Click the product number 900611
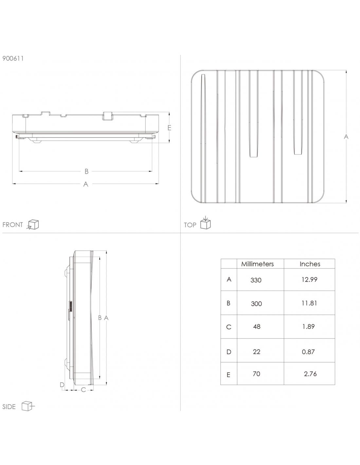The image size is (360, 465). point(13,59)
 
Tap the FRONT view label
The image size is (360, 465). point(12,225)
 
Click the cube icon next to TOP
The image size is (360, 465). point(205,224)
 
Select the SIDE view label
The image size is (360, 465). point(9,407)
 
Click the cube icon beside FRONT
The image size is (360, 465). point(33,225)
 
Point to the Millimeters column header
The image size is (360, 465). point(257,264)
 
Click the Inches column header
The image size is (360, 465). point(310,264)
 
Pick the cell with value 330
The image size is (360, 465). point(256,280)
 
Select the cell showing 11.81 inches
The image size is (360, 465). point(309,303)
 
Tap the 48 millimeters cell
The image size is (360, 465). point(257,327)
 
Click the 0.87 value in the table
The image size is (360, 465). point(308,352)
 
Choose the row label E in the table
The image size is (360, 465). point(228,375)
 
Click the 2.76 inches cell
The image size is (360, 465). point(310,374)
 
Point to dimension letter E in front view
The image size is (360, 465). point(169,128)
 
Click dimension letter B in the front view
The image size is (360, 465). point(86,171)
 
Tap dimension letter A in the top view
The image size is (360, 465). point(346,137)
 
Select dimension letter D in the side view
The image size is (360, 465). point(62,385)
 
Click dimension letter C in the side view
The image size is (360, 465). point(83,390)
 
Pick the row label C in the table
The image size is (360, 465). point(228,327)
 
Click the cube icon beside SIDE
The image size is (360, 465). point(28,406)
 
